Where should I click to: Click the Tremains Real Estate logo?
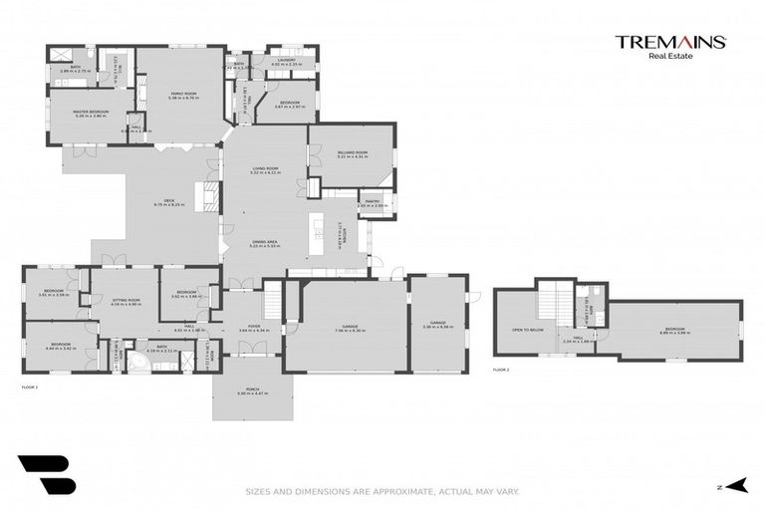click(669, 46)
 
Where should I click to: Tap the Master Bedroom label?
click(91, 113)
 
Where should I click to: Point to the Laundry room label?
click(286, 62)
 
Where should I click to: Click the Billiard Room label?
click(353, 153)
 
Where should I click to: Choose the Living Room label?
click(264, 168)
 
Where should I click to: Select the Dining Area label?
click(264, 242)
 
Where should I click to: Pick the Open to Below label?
click(527, 329)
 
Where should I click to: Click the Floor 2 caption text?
click(501, 370)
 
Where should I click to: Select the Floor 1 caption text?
click(29, 386)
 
